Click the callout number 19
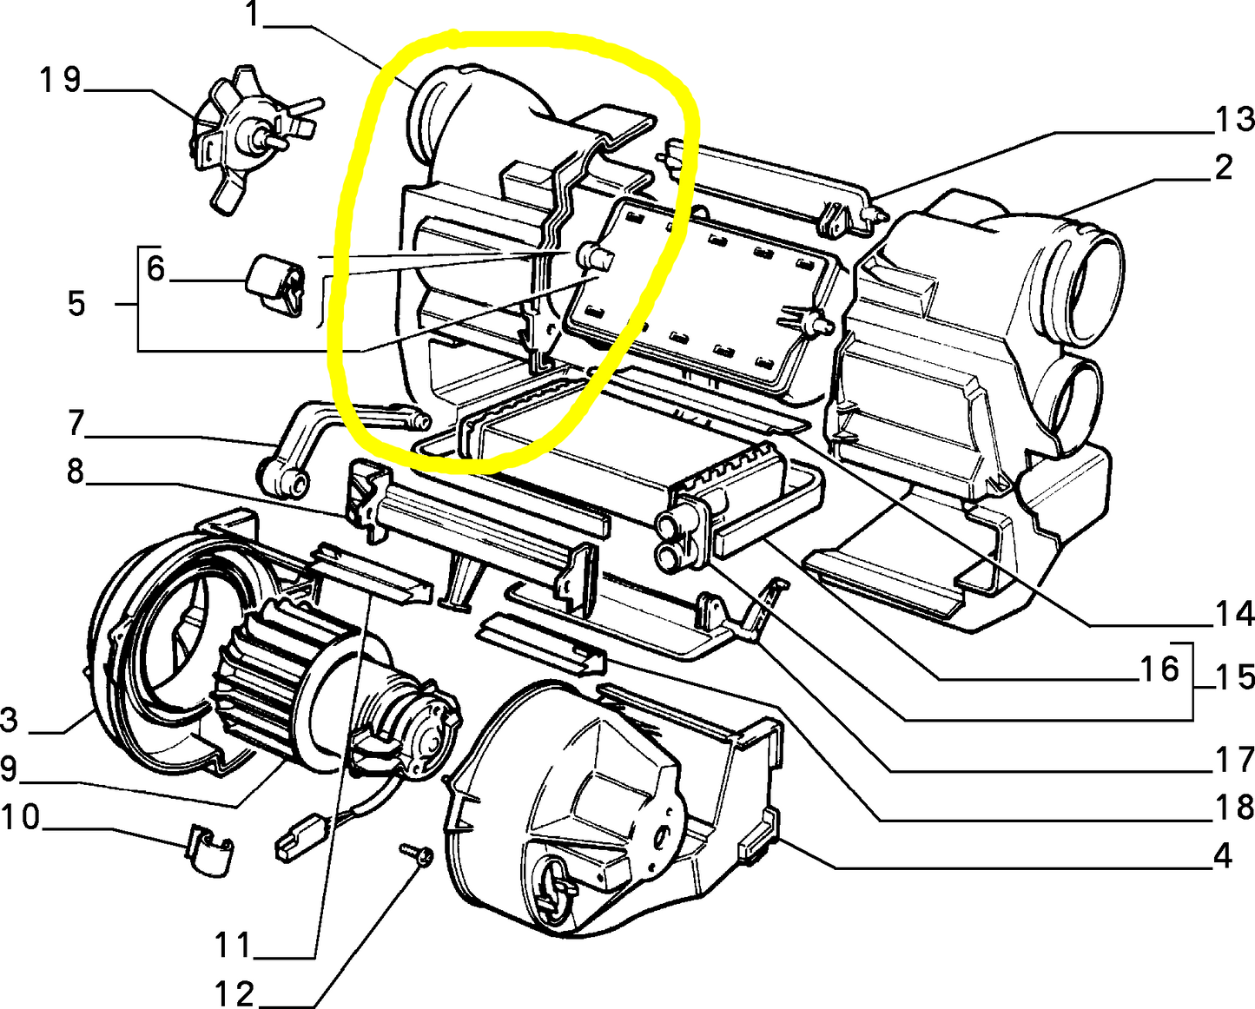point(60,80)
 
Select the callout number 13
point(1233,119)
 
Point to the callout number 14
point(1233,615)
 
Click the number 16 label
point(1159,669)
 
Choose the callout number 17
point(1233,761)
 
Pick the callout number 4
point(1223,856)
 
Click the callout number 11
point(232,944)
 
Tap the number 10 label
point(21,817)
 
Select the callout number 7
point(76,423)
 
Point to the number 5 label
point(76,304)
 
